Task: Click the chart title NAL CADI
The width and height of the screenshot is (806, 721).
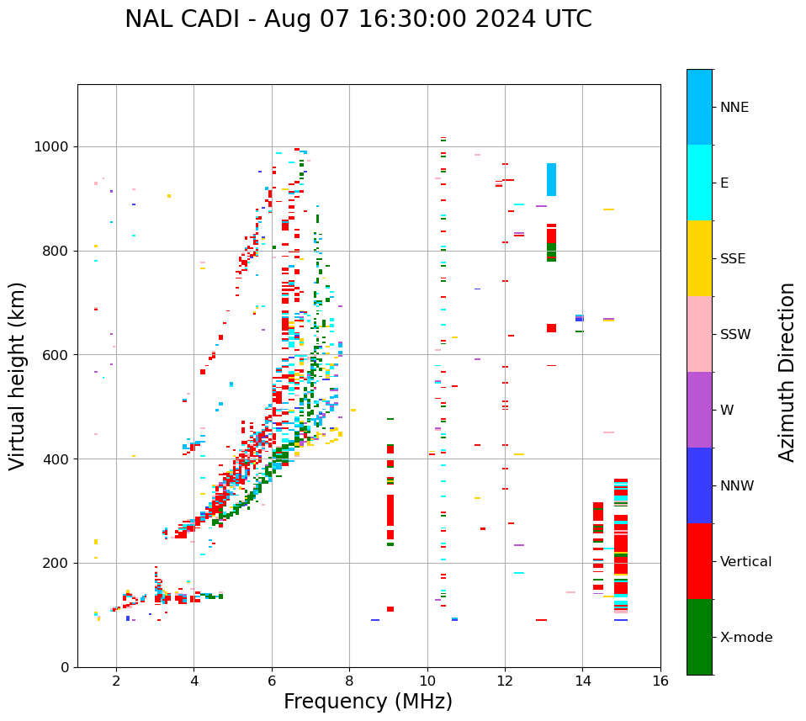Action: (x=358, y=19)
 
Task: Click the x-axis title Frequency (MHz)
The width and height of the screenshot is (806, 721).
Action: (x=368, y=702)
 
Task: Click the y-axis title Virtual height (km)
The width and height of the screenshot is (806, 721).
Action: (x=18, y=375)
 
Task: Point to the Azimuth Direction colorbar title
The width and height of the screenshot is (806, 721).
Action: (x=787, y=371)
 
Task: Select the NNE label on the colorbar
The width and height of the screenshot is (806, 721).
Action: (x=734, y=108)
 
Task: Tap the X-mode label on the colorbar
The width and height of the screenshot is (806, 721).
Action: (x=745, y=638)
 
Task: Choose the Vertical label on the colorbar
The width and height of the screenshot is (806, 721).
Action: (x=745, y=562)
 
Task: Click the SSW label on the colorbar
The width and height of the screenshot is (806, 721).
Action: (x=735, y=335)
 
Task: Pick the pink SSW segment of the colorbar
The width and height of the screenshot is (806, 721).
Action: (x=699, y=334)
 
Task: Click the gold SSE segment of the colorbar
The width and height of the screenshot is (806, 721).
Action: (x=699, y=258)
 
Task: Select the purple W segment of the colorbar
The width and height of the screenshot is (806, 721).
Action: (x=699, y=410)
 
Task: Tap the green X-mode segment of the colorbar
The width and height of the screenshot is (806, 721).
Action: (x=699, y=637)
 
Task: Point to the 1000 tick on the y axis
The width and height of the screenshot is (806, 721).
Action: (x=51, y=146)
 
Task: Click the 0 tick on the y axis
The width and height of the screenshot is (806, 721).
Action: (x=65, y=667)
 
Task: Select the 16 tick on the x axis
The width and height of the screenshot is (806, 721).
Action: (x=660, y=681)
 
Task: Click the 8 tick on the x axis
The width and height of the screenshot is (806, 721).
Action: (x=350, y=681)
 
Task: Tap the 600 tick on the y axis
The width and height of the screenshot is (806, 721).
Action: (x=56, y=355)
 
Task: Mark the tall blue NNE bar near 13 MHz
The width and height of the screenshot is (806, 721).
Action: (x=551, y=179)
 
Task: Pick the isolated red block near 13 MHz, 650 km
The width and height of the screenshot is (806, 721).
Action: (x=551, y=328)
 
